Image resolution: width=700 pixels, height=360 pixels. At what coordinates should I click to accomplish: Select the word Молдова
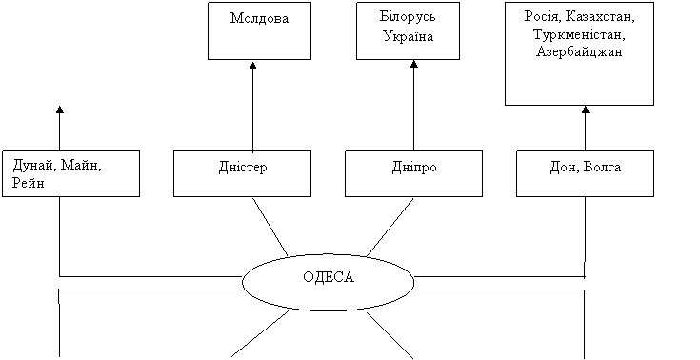point(259,18)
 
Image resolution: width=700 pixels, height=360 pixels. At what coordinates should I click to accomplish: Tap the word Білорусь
point(408,17)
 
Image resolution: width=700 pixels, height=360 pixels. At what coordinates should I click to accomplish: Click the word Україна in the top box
point(408,36)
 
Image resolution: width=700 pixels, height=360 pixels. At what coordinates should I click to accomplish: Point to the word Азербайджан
point(579,52)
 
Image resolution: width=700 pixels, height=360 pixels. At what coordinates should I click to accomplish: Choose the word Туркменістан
point(579,34)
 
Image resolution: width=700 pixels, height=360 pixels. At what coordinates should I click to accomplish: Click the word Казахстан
point(599,17)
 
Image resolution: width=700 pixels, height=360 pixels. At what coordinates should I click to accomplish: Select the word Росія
point(543,17)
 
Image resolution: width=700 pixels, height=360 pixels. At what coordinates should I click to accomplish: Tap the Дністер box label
point(243,167)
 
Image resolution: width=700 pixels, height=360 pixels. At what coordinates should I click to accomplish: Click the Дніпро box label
point(414,167)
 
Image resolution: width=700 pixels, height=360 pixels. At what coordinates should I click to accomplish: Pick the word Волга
point(602,167)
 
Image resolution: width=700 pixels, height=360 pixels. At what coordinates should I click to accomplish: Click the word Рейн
point(29,183)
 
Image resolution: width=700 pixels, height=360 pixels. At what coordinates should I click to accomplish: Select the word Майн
point(81,166)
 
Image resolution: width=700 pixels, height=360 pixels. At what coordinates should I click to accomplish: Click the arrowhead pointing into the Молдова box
point(253,65)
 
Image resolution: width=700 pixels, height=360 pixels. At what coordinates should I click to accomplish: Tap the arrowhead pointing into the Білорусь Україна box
point(414,65)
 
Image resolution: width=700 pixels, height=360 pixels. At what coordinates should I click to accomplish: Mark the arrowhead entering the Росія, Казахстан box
point(586,110)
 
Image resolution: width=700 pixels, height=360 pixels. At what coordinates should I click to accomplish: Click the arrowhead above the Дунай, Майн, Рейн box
point(60,110)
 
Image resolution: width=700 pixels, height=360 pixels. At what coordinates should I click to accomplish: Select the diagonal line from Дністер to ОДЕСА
point(270,227)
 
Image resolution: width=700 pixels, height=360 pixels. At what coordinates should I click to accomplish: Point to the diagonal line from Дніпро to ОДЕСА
point(390,228)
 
